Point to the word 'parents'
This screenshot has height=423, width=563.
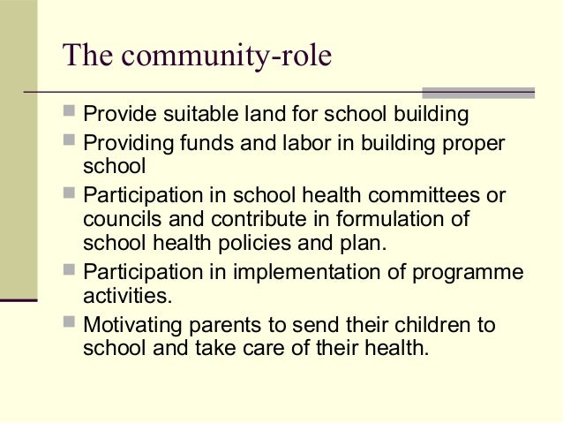[x=223, y=325]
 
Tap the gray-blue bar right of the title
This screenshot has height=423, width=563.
[x=478, y=91]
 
